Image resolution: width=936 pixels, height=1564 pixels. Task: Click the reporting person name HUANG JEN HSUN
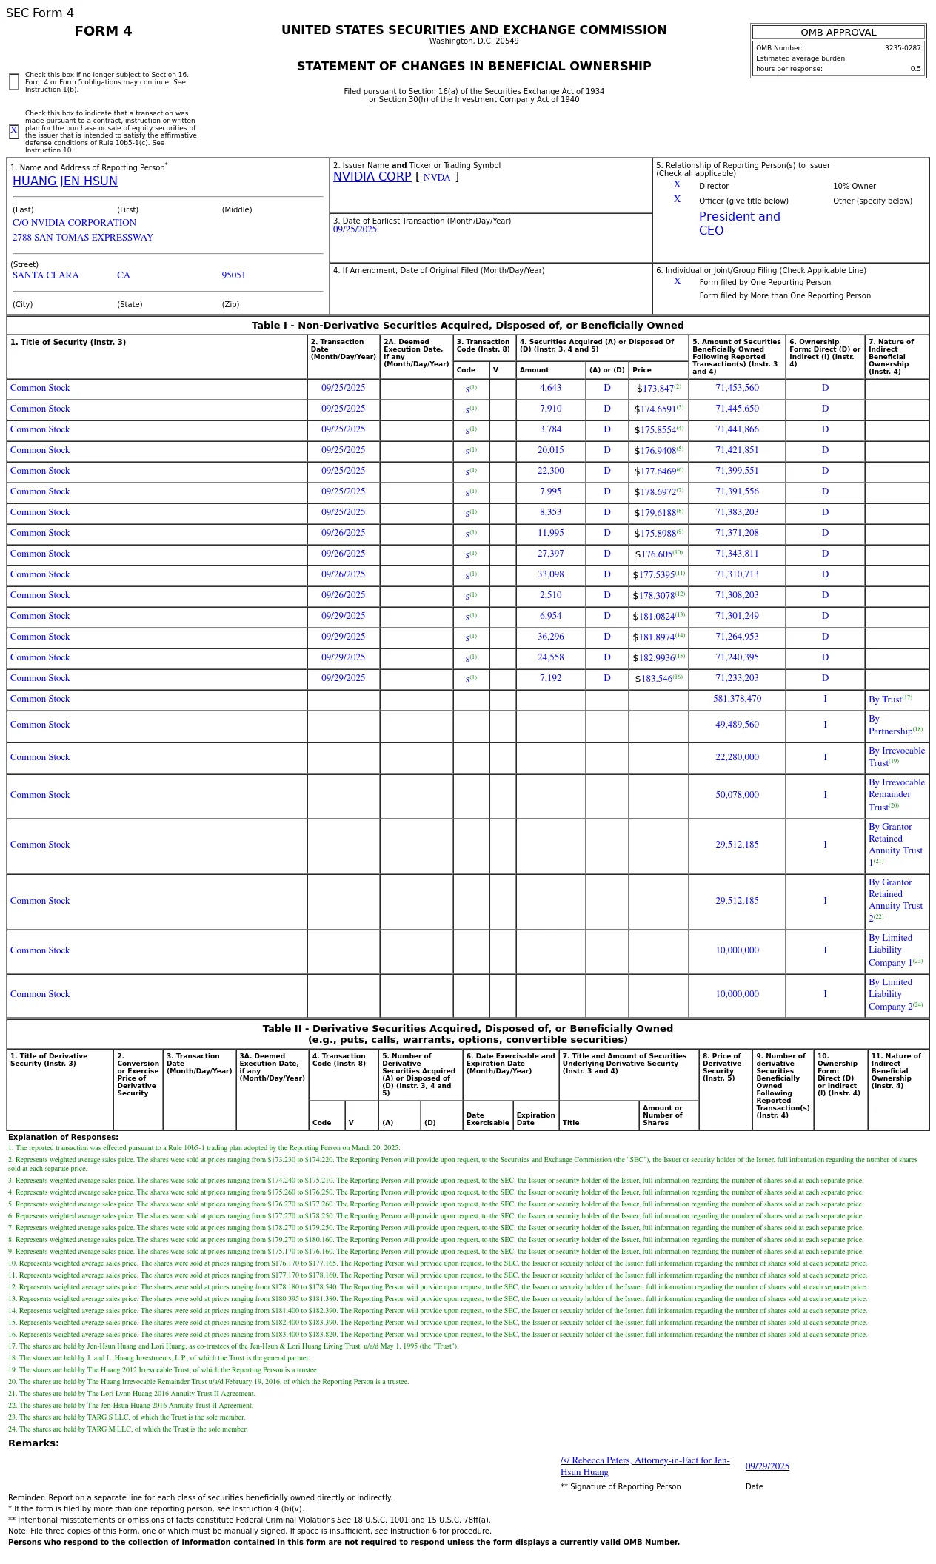(x=65, y=181)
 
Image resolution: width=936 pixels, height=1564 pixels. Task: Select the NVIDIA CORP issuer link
(x=372, y=177)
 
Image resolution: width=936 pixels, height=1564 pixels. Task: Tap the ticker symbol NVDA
(x=437, y=178)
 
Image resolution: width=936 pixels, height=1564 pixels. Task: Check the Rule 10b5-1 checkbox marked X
(x=14, y=132)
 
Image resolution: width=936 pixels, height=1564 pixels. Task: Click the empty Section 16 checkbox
(x=14, y=82)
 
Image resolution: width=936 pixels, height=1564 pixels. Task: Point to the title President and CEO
(x=739, y=224)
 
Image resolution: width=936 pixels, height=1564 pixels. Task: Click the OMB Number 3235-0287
(x=902, y=48)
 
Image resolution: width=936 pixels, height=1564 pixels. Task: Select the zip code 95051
(x=233, y=275)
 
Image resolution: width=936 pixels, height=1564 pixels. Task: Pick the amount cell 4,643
(x=550, y=388)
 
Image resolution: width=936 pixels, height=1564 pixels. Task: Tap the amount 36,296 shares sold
(x=550, y=637)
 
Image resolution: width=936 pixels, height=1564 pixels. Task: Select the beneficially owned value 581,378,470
(x=737, y=699)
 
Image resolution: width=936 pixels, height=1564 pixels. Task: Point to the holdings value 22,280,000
(x=737, y=757)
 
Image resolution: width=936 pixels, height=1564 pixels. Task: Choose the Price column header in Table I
(x=642, y=370)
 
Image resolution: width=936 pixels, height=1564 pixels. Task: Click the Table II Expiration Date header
(x=535, y=1119)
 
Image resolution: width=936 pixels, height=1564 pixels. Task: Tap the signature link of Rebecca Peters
(x=644, y=1466)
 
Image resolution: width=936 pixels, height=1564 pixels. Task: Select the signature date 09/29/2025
(x=767, y=1466)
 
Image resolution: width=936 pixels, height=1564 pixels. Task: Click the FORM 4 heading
(x=104, y=31)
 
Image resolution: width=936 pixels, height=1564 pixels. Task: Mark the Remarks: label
(x=33, y=1443)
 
